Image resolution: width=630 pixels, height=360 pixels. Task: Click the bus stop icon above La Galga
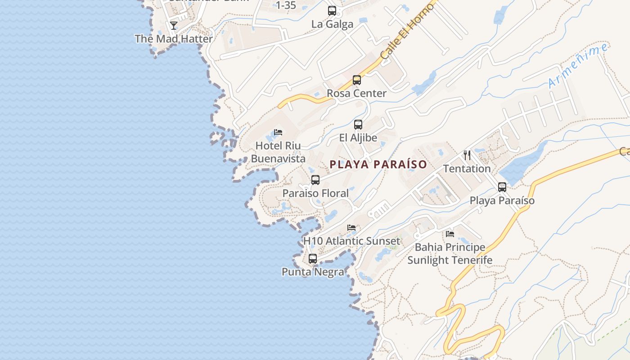tap(332, 10)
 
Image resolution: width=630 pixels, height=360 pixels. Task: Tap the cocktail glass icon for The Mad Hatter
tap(174, 25)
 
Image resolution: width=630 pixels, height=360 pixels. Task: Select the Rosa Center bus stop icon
tap(357, 80)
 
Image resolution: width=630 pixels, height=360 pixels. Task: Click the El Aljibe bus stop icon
tap(358, 125)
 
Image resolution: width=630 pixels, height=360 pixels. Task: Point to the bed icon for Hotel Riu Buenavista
tap(278, 132)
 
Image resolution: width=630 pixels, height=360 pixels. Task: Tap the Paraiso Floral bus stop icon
tap(315, 180)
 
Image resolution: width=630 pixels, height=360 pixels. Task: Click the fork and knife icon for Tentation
tap(467, 155)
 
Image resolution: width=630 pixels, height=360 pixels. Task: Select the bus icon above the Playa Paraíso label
tap(502, 187)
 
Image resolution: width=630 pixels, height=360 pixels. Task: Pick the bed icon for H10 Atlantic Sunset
tap(351, 228)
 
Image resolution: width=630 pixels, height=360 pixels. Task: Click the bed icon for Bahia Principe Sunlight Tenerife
tap(450, 234)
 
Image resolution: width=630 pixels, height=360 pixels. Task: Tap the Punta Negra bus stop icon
tap(313, 259)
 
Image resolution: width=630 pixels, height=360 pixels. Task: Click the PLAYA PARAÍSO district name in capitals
tap(378, 165)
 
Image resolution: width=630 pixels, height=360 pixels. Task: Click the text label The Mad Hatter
tap(174, 39)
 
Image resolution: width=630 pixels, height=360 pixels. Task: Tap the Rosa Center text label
tap(356, 94)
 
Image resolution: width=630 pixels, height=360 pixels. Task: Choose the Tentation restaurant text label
tap(467, 169)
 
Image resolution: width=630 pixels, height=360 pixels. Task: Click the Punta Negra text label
tap(313, 272)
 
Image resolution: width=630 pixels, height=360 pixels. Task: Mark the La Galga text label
tap(332, 24)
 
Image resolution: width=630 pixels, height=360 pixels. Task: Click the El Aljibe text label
tap(358, 138)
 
